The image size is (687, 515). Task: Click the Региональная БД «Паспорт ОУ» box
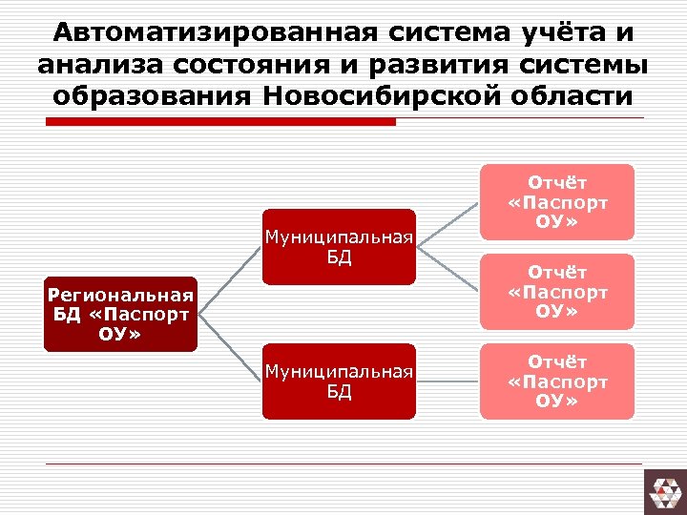(121, 315)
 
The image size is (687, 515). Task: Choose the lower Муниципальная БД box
(339, 381)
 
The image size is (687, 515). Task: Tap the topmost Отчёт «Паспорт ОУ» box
(557, 202)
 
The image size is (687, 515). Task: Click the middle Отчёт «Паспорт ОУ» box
(557, 292)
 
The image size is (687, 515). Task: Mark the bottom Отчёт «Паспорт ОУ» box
(557, 381)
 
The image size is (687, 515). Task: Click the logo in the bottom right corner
(664, 492)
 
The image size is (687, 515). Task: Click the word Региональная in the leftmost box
(121, 295)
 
